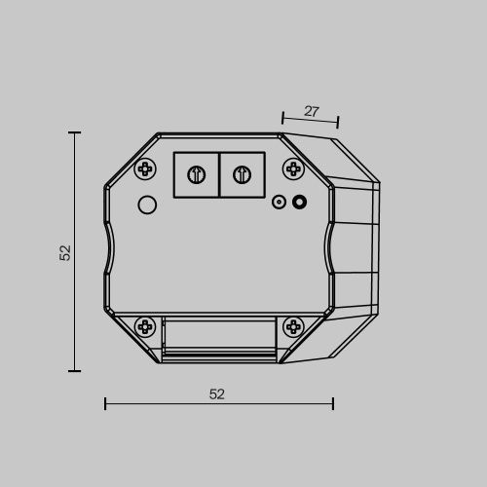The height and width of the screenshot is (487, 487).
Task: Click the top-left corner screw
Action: [x=145, y=169]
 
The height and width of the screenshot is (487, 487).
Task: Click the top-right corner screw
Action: [x=293, y=169]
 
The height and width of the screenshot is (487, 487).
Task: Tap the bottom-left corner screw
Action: [x=145, y=326]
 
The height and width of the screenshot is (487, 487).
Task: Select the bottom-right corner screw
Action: [x=293, y=326]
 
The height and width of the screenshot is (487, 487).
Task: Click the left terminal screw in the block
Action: [x=196, y=175]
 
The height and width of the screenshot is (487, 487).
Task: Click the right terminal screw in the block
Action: [x=243, y=175]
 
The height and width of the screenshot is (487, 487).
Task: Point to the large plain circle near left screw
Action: [x=147, y=205]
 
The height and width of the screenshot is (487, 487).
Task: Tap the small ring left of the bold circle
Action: [x=279, y=203]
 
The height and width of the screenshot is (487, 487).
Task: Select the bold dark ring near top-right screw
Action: [x=300, y=203]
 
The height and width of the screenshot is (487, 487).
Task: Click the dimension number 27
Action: [x=312, y=112]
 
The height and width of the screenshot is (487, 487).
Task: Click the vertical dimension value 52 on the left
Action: [x=65, y=252]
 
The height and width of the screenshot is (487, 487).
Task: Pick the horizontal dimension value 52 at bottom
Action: [x=217, y=394]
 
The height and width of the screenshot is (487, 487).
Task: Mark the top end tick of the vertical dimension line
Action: [x=75, y=132]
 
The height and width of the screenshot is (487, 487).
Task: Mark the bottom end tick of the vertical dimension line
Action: [x=75, y=370]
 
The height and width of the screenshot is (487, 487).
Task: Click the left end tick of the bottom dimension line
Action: [x=105, y=403]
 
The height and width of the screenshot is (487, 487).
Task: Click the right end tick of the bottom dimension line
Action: [x=333, y=403]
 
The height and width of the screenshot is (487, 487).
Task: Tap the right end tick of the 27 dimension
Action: [x=338, y=123]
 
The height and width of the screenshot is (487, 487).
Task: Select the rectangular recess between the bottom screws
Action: [x=219, y=337]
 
